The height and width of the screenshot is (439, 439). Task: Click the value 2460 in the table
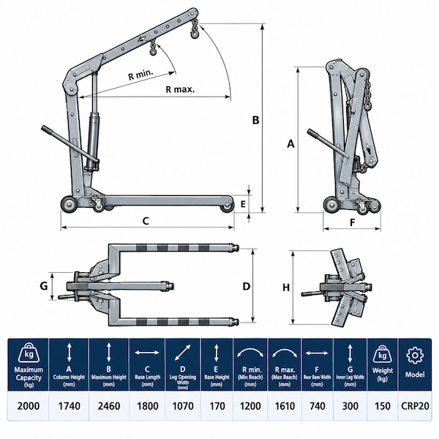(109, 406)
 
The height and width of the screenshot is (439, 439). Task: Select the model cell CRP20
(415, 406)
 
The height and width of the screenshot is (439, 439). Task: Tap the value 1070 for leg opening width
(183, 406)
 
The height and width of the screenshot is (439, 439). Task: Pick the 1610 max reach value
(285, 406)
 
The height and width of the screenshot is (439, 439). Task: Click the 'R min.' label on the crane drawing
(140, 75)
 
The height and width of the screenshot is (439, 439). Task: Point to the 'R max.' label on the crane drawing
(180, 89)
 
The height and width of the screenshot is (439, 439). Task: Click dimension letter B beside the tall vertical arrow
(255, 120)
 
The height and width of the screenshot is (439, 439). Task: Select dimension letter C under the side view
(146, 221)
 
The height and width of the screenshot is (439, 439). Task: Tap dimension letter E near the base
(243, 204)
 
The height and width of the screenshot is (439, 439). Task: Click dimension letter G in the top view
(44, 286)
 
